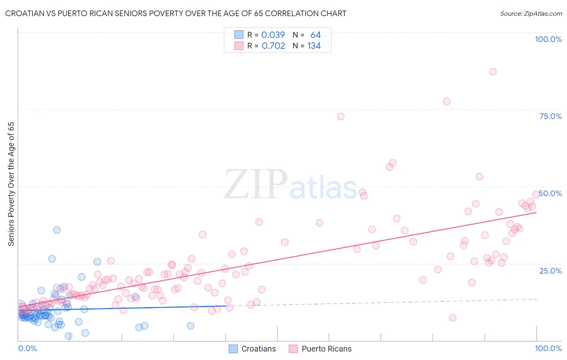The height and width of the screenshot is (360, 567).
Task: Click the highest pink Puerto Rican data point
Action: [493, 72]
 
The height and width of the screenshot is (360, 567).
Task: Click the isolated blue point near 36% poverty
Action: [57, 230]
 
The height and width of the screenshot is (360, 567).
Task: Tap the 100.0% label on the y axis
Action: [548, 39]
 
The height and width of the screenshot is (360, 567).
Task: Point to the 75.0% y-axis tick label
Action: [550, 116]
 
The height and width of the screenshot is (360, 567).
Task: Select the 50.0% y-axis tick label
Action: [550, 193]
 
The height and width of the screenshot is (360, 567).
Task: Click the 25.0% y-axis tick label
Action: [550, 271]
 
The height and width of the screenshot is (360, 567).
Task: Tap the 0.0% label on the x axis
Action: [27, 348]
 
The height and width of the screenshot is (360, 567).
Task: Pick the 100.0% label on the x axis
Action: [548, 348]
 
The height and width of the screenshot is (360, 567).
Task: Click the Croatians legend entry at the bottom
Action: [258, 349]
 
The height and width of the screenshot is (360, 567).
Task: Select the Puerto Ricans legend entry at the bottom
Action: [326, 349]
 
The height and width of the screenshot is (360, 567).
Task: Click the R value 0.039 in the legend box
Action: [273, 35]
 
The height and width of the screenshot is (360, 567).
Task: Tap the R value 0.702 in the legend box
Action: [273, 46]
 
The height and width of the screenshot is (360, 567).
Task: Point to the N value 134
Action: [314, 46]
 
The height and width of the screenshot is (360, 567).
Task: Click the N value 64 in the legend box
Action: [315, 35]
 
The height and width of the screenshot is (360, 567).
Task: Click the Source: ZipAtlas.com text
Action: [531, 13]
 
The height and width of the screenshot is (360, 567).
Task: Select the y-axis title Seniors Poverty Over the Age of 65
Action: [11, 184]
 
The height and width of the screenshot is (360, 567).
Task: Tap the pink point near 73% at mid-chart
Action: [341, 117]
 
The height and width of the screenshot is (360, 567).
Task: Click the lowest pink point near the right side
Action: [452, 318]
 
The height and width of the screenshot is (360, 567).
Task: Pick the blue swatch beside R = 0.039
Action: [239, 35]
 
